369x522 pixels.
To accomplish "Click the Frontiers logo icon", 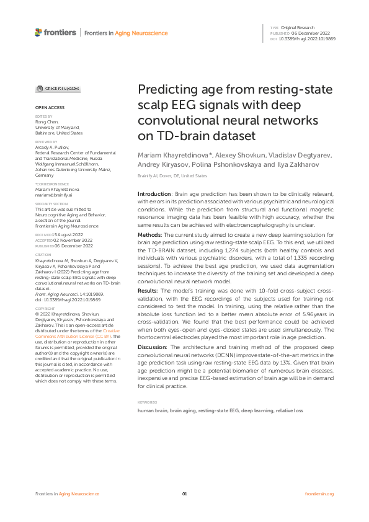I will pos(38,32).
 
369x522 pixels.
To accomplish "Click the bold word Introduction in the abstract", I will pos(154,195).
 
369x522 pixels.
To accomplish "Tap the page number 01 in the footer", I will pos(184,493).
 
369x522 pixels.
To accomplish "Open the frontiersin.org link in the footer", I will pos(319,493).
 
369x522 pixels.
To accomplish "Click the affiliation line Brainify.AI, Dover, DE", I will pos(172,176).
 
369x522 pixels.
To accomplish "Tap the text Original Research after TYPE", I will pos(299,28).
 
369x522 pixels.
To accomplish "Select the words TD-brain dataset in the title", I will pos(195,134).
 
